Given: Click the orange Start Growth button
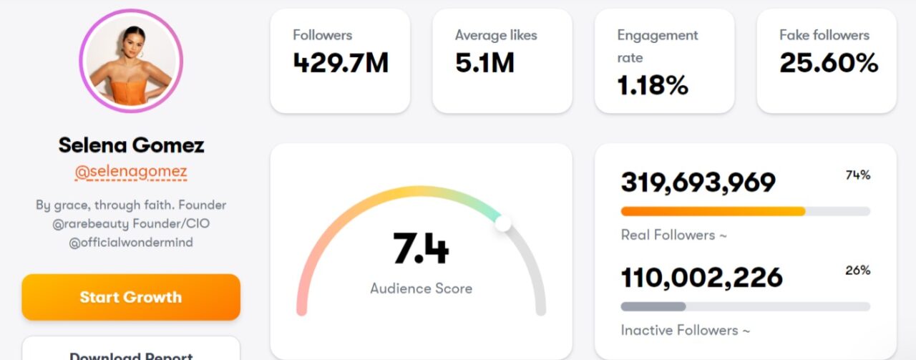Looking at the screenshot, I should tap(131, 297).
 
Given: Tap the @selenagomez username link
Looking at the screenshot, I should tap(131, 172).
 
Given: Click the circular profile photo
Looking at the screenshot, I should tap(131, 62).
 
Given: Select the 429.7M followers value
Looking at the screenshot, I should tap(341, 64).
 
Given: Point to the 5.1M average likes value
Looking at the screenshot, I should tap(484, 64).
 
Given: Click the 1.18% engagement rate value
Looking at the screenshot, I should tap(653, 86).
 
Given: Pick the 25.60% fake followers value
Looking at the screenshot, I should tap(829, 64).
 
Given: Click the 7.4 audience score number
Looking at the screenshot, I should tap(421, 249).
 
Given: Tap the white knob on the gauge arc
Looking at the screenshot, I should tap(503, 223).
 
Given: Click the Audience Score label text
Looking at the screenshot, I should tap(421, 288).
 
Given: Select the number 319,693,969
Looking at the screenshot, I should tap(698, 183).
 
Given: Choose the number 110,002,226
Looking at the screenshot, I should tap(701, 278).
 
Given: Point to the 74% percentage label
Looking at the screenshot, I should tap(857, 175).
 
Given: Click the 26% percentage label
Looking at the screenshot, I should tap(857, 271).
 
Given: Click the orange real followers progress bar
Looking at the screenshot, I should tap(712, 211).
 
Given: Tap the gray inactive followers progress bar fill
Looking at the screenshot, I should tap(653, 306).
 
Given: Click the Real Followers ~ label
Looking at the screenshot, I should tap(673, 235).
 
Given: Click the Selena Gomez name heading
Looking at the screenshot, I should tap(131, 145).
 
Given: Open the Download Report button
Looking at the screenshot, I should tap(131, 354).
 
